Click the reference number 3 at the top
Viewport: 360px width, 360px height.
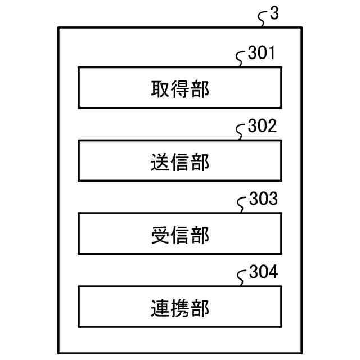click(x=274, y=15)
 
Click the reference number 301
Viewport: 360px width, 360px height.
click(x=262, y=55)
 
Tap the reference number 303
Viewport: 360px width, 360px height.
click(x=263, y=200)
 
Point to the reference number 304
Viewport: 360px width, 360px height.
click(x=263, y=273)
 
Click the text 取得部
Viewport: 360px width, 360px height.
click(x=180, y=89)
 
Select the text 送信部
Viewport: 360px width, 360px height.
click(x=180, y=162)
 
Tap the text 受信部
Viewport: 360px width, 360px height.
click(x=180, y=235)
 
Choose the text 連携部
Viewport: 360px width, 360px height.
click(x=180, y=308)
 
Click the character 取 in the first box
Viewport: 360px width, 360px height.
click(x=160, y=89)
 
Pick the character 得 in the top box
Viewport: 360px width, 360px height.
click(x=180, y=89)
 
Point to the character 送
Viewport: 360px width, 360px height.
click(x=160, y=162)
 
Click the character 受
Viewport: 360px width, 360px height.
click(x=160, y=235)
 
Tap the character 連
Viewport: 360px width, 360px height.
click(x=160, y=308)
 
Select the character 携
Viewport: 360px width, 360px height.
click(x=180, y=308)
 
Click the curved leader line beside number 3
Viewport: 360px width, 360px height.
click(x=262, y=20)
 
